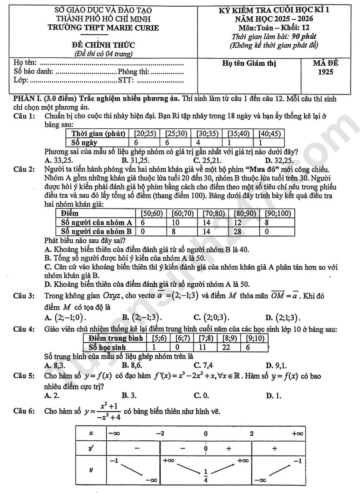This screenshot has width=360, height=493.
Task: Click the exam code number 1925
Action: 328,72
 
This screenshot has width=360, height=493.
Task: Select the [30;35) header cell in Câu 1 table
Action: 207,134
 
